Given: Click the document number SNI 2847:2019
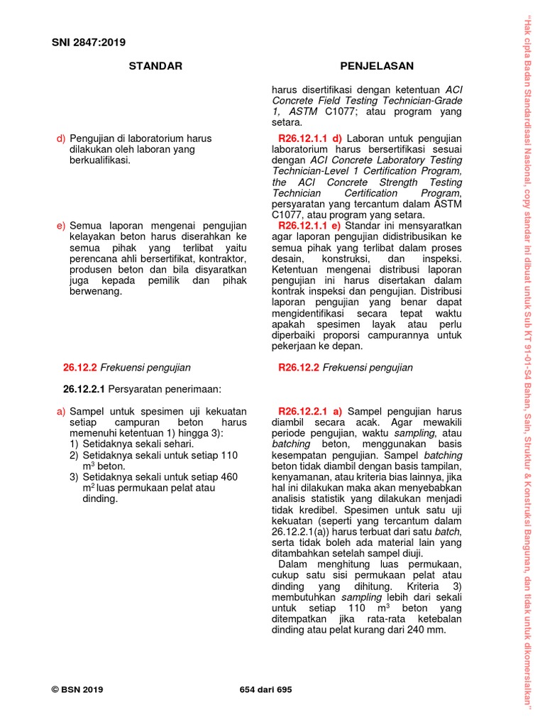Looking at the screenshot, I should point(89,42).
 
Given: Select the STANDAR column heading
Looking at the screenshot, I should point(155,66).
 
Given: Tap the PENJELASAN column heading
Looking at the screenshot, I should point(377,66).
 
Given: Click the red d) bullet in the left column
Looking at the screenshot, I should point(61,138).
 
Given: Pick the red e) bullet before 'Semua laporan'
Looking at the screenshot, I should point(61,226).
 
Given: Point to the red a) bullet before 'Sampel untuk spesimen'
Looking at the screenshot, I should point(61,411).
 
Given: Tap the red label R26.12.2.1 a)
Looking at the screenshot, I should point(311,411).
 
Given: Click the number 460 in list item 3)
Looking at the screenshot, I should point(229,477).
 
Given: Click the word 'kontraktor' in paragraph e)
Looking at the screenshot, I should point(220,258).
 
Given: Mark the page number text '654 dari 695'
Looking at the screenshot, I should point(266,689).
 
